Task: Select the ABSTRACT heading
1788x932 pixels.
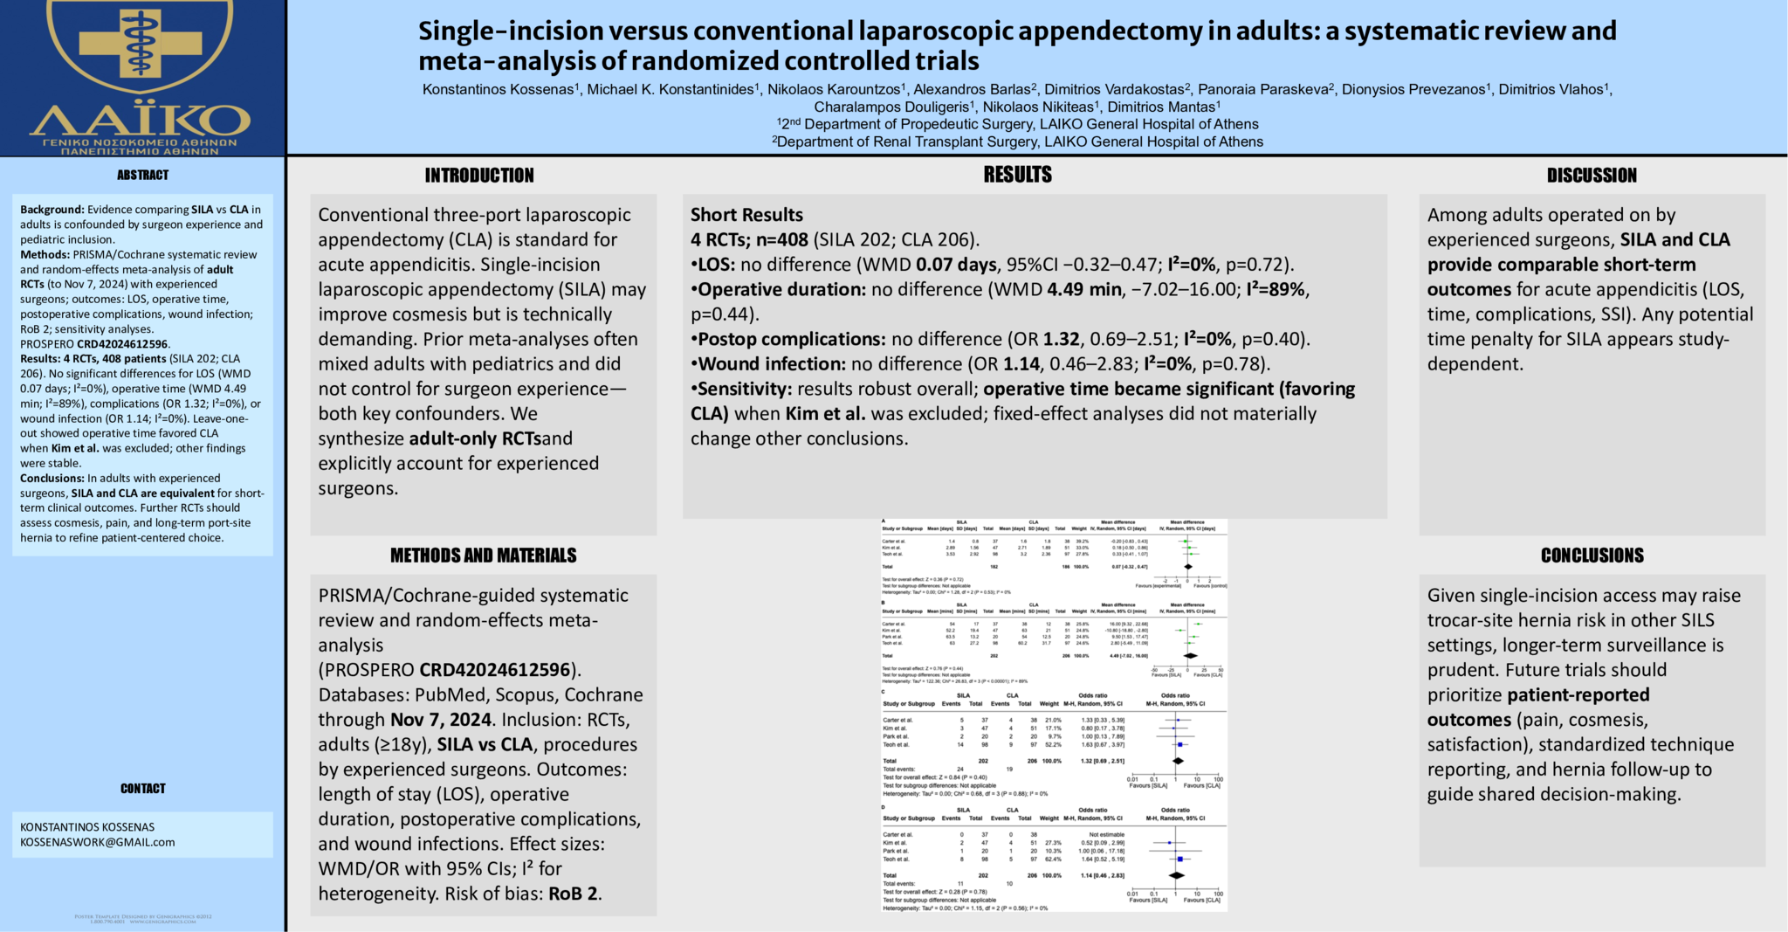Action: pos(143,176)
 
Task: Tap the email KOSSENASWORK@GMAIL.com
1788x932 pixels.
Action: pos(98,842)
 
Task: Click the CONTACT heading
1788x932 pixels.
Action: pos(143,789)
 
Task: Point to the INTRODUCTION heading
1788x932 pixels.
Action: pos(479,176)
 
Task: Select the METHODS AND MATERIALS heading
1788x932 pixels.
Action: pos(484,556)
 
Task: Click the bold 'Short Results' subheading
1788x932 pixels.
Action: pos(746,215)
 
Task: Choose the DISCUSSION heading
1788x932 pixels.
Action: pos(1592,176)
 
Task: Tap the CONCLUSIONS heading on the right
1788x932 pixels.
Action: pos(1592,556)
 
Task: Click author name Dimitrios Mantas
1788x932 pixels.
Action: pos(1164,107)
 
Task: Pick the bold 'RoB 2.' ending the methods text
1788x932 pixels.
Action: pos(574,894)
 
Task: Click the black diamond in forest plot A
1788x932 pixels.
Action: pos(1188,567)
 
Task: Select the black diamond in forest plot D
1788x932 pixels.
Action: pos(1176,875)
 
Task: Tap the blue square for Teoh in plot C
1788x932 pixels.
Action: pos(1179,745)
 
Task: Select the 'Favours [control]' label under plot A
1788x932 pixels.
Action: pos(1210,586)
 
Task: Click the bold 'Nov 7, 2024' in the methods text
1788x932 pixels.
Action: pos(440,720)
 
